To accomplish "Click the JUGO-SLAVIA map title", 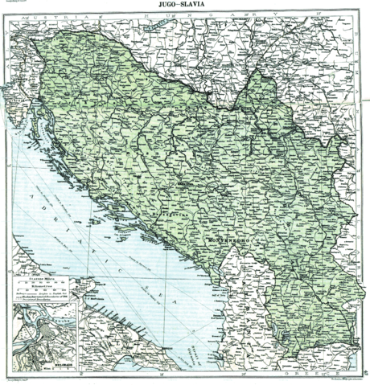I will pos(186,6).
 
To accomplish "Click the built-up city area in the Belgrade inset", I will pos(48,334).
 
